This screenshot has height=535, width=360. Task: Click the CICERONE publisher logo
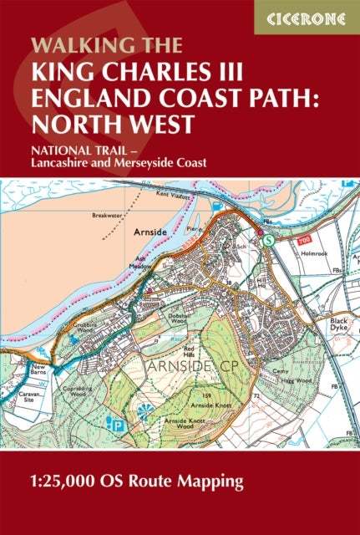(306, 17)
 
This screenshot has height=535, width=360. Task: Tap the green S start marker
(267, 240)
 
